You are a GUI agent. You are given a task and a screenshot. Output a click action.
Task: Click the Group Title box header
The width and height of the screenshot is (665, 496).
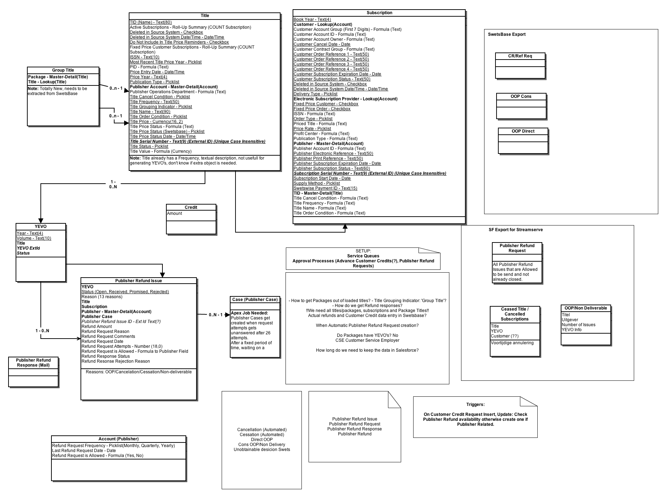click(63, 70)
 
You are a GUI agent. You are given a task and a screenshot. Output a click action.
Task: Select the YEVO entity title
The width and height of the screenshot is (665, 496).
click(41, 227)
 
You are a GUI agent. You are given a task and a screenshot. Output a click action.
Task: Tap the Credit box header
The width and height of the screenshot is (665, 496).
click(191, 207)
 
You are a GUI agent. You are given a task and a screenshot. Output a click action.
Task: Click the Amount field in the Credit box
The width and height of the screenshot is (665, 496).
click(174, 213)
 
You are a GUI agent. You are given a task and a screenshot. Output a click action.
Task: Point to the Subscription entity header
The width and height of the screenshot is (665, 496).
click(379, 13)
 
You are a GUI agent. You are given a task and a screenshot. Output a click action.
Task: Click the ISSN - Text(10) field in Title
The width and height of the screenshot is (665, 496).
click(144, 57)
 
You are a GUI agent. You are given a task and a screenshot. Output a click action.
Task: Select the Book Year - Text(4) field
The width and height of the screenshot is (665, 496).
click(312, 19)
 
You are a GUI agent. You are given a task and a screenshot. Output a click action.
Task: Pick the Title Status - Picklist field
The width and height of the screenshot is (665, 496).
click(149, 146)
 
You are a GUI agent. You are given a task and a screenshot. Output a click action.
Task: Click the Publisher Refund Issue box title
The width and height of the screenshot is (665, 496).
click(138, 281)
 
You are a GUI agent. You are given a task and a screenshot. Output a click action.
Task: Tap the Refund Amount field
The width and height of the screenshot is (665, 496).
click(96, 327)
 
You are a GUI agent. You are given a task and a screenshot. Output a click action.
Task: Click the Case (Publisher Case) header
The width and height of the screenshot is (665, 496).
click(255, 300)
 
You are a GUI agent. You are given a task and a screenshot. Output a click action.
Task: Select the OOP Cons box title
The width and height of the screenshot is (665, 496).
click(521, 96)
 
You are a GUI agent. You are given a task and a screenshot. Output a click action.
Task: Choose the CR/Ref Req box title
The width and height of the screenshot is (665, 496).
click(520, 56)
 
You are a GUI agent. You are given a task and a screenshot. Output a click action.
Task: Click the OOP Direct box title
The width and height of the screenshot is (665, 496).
click(523, 131)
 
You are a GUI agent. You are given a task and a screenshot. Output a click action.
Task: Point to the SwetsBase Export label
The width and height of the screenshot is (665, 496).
click(506, 34)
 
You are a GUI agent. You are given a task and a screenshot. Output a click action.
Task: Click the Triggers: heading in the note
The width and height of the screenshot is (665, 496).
click(475, 405)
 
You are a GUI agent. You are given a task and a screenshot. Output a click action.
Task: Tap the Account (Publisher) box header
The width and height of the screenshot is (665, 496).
click(118, 439)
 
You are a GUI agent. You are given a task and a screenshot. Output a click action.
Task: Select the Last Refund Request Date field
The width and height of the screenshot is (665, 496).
click(84, 451)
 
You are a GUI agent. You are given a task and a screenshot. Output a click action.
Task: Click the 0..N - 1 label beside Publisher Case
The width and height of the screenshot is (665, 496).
click(216, 315)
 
